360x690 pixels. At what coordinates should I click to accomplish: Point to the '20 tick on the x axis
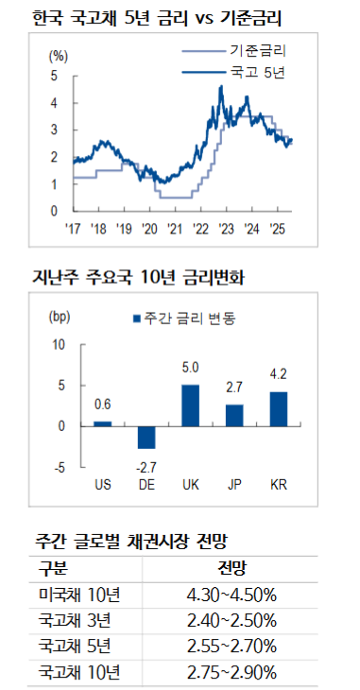[149, 228]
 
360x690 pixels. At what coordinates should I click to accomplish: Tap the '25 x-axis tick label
[279, 228]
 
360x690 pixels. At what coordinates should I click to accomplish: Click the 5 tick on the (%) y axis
[55, 75]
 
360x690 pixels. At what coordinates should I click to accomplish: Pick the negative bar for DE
[146, 437]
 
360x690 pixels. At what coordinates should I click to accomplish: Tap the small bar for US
[103, 423]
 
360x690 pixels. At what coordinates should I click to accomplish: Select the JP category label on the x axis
[234, 485]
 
